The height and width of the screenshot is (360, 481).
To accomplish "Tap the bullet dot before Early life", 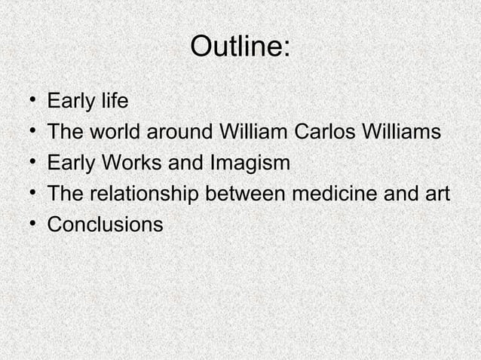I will click(28, 101).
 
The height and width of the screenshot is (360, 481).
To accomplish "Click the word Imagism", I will click(247, 163).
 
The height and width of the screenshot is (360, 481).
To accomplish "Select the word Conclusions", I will click(105, 224).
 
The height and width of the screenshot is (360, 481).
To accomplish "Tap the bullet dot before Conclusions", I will click(28, 224).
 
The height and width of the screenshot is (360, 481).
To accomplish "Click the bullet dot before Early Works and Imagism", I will click(28, 163).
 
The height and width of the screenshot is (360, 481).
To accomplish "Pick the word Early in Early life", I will click(70, 101).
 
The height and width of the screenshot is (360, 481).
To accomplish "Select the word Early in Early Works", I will click(70, 163).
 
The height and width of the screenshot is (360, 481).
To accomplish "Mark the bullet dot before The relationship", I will click(28, 194).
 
